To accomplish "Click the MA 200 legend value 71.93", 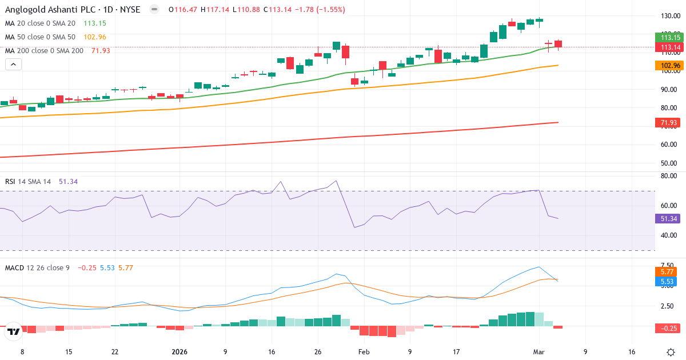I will point(101,50).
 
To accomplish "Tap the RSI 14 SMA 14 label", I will point(28,182).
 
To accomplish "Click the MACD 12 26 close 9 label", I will point(37,267).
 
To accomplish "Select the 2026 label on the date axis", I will point(180,352).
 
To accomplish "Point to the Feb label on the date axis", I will point(364,352).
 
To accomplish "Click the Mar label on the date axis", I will point(539,352).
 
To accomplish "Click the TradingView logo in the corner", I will point(14,331).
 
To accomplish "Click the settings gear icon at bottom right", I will point(672,352).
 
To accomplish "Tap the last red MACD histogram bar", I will point(558,327).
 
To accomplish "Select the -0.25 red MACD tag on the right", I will point(665,328).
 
